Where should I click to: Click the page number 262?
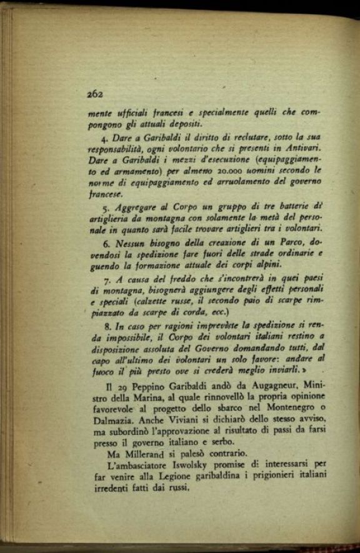[94, 94]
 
